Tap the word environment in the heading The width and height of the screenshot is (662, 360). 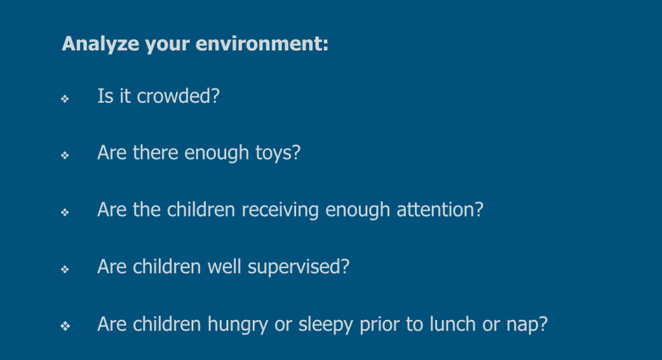(262, 43)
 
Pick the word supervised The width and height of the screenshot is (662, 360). (299, 267)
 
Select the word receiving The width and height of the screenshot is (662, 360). (280, 210)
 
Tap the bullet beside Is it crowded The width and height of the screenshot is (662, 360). (65, 99)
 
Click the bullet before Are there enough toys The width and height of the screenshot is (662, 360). (65, 155)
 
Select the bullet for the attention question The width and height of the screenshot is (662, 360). (65, 212)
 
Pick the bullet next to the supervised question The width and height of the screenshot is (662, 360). (65, 270)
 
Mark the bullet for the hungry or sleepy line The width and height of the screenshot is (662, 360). (65, 326)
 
